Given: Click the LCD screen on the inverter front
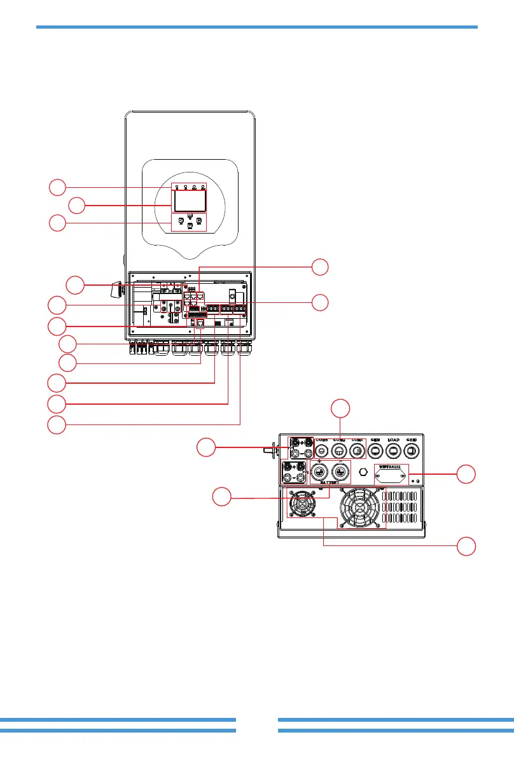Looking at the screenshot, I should coord(190,202).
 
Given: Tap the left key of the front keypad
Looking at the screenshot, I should coord(181,221).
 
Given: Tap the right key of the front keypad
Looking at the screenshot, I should coord(198,221).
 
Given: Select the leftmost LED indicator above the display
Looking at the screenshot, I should coord(177,187).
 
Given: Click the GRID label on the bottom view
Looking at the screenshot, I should coord(411,440).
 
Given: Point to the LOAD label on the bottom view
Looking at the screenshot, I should coord(393,440).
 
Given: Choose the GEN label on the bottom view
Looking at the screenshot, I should coord(375,440).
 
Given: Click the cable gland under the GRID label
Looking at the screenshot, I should coord(411,451).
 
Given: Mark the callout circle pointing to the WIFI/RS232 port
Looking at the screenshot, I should coord(467,474).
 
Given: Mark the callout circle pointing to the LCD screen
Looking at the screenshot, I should coord(77,206).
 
